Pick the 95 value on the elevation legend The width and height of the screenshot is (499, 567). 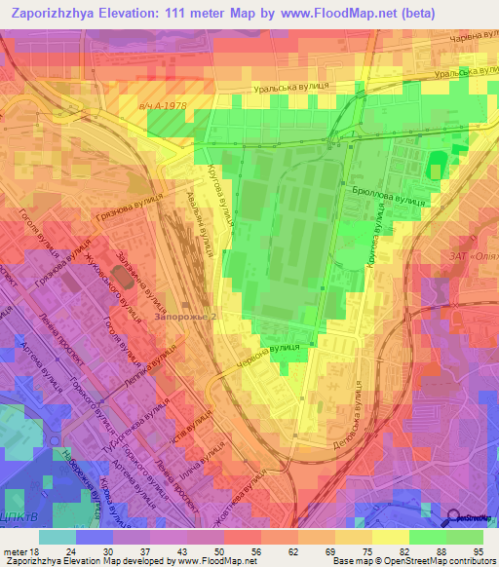[478, 551]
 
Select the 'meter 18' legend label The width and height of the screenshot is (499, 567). [19, 551]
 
